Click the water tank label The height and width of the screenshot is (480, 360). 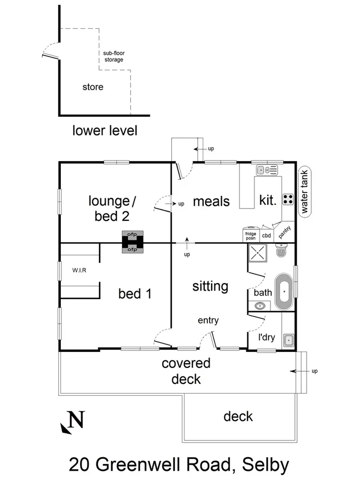(x=305, y=192)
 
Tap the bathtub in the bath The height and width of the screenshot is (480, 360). (x=284, y=292)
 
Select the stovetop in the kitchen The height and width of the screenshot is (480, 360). (x=287, y=199)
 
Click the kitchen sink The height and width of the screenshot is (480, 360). (x=266, y=170)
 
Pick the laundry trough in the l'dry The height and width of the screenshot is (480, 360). (x=289, y=340)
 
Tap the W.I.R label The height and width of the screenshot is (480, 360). (x=79, y=270)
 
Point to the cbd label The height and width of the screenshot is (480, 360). (x=266, y=235)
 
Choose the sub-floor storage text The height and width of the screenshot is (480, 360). (x=113, y=57)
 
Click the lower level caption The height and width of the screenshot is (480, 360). (x=105, y=130)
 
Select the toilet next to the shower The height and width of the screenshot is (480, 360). (x=281, y=252)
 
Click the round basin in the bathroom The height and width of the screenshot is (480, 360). (x=260, y=306)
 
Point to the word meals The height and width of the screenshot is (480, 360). (x=211, y=202)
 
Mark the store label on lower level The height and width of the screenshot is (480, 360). (x=92, y=86)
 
